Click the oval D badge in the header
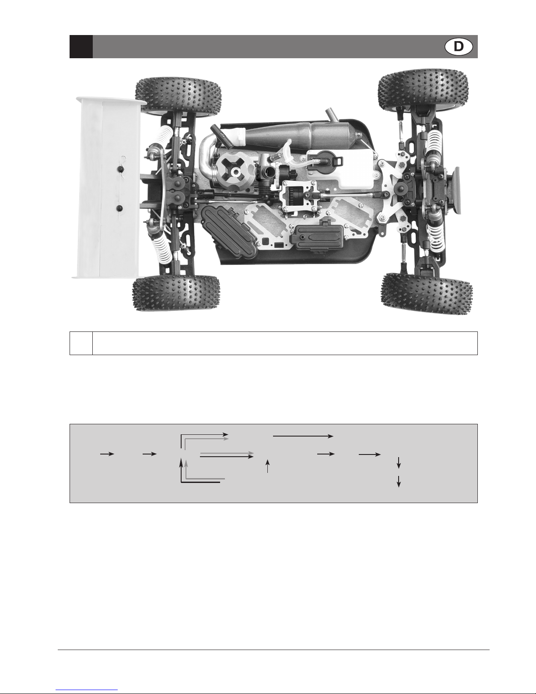click(459, 46)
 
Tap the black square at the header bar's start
click(81, 46)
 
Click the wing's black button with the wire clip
click(120, 169)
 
